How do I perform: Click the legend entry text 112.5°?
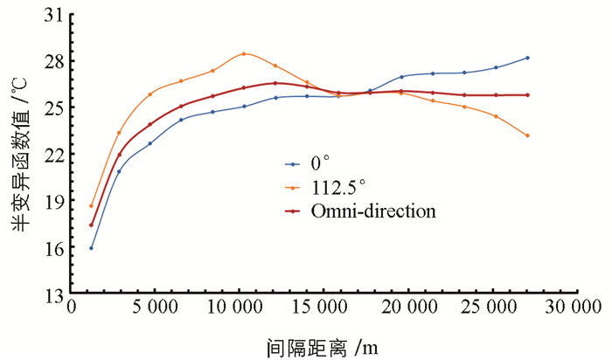click(x=337, y=187)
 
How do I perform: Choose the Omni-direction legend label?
click(x=373, y=211)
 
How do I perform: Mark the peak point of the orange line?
click(x=244, y=53)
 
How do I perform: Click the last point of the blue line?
click(x=528, y=58)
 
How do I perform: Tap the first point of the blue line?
click(x=91, y=248)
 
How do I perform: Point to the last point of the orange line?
click(x=528, y=135)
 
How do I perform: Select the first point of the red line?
click(x=91, y=225)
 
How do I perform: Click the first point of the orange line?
click(x=91, y=206)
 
